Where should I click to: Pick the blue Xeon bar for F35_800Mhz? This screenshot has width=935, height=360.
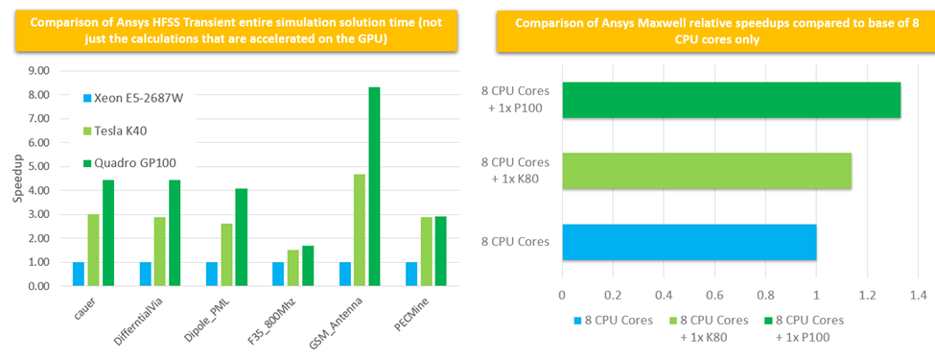[279, 275]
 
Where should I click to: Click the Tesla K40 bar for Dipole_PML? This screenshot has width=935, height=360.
[226, 255]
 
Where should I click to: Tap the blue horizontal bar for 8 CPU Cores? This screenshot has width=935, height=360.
[689, 242]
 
